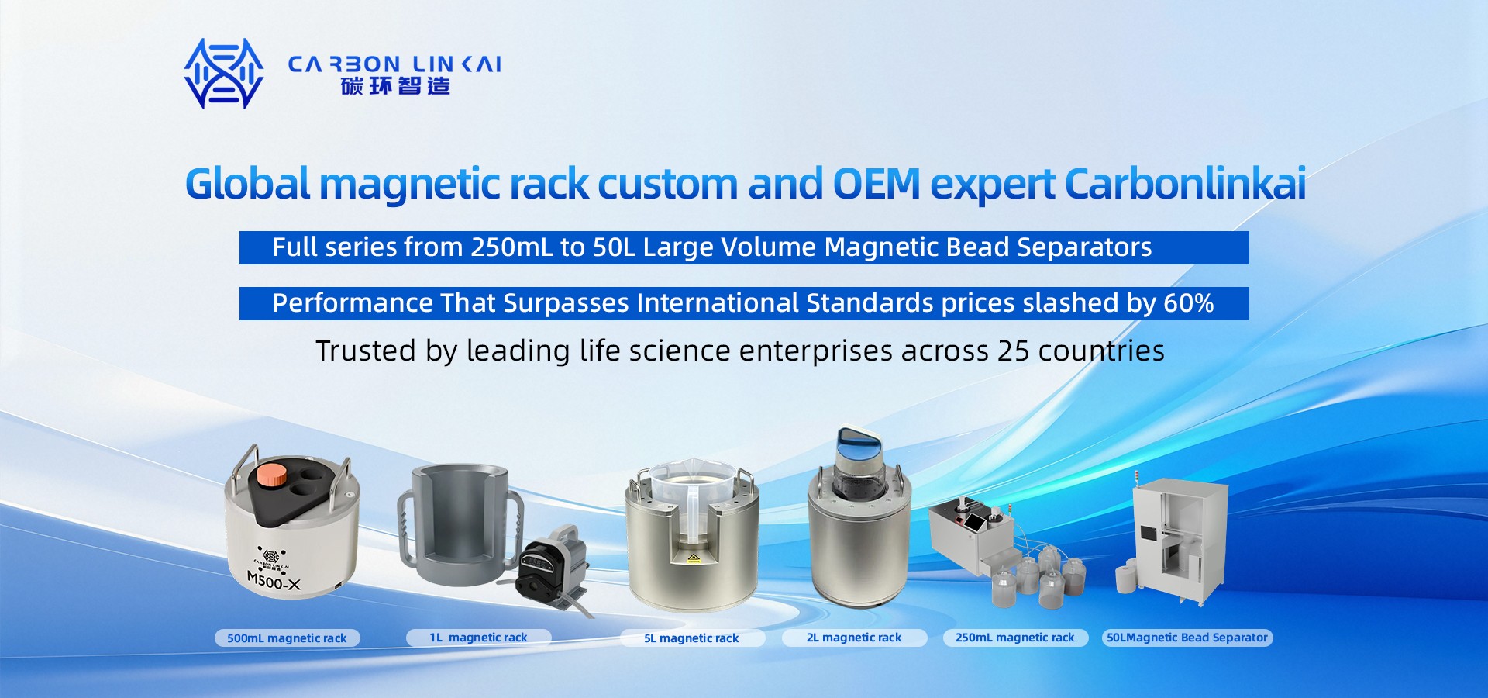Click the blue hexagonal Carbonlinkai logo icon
click(x=224, y=74)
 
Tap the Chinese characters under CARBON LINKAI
click(x=395, y=85)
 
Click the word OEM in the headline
click(x=876, y=184)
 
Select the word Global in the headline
click(x=248, y=184)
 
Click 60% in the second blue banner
click(x=1189, y=303)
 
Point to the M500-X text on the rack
click(x=274, y=580)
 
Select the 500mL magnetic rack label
click(x=287, y=638)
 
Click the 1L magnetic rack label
click(x=478, y=638)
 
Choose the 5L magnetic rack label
click(x=691, y=638)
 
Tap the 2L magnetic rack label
click(x=854, y=638)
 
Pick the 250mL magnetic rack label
click(x=1015, y=638)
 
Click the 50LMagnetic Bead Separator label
click(x=1187, y=638)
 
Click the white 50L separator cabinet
click(x=1179, y=541)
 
